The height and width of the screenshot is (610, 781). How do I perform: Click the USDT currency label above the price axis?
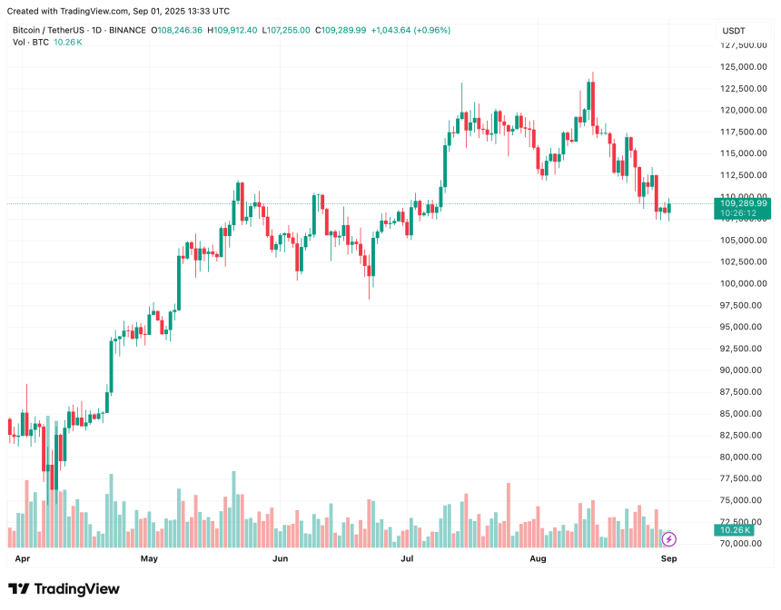(x=733, y=31)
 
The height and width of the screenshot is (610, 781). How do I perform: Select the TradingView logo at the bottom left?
(x=64, y=589)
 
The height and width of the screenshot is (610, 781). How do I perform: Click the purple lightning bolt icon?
(x=669, y=539)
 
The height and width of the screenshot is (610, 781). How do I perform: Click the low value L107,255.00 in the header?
(x=287, y=30)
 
